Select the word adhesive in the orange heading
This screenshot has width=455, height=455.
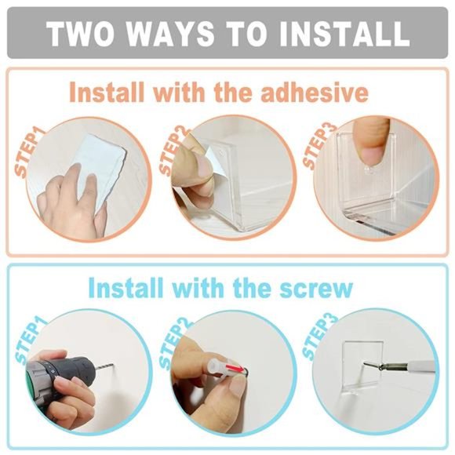[315, 92]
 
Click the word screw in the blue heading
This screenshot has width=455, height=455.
[316, 288]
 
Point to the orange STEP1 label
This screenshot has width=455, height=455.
[30, 151]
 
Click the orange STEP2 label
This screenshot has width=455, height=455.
[175, 151]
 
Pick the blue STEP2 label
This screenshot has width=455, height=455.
[174, 345]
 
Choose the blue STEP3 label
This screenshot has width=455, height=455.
[318, 337]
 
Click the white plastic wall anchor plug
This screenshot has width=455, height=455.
[217, 366]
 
